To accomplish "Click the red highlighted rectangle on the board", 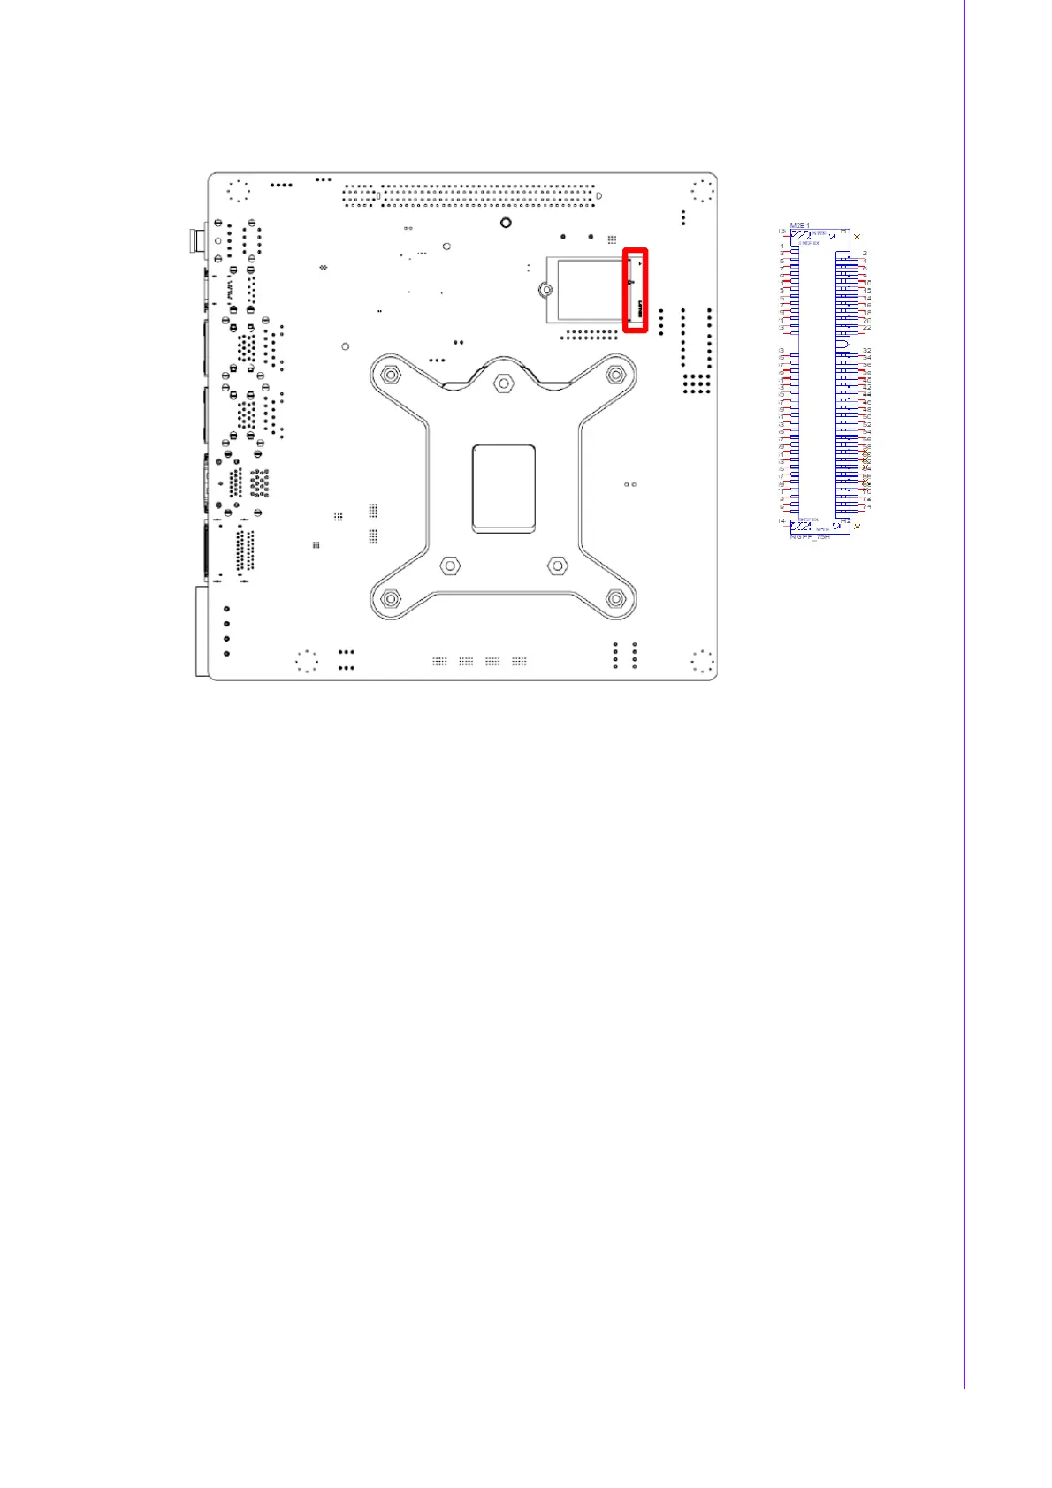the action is (636, 291).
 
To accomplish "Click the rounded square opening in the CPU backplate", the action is (504, 488).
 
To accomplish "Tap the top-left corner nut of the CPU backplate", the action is (389, 376).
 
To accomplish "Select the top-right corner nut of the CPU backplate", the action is (615, 376).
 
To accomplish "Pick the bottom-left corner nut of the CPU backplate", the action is (389, 599).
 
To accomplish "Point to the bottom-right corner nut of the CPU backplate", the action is (615, 599).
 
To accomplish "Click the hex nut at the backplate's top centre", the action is (503, 383).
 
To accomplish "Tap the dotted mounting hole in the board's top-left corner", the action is (238, 191).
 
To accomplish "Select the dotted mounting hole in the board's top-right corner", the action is (702, 191).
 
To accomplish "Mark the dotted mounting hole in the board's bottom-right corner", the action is (702, 661).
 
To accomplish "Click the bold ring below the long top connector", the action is (505, 223).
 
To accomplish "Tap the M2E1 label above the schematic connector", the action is (798, 225).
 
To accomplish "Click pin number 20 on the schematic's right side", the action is (867, 320).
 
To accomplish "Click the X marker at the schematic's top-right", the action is (857, 237).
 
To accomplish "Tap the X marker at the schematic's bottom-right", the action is (857, 527).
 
